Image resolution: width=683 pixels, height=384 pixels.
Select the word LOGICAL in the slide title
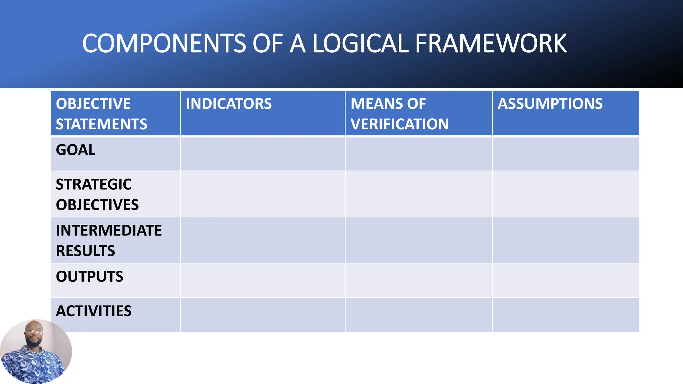click(360, 44)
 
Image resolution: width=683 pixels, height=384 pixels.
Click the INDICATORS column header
click(229, 104)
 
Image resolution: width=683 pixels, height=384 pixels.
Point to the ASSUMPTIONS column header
click(550, 104)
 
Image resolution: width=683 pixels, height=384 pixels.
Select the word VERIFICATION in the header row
click(399, 124)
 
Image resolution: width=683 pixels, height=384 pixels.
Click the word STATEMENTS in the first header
click(101, 124)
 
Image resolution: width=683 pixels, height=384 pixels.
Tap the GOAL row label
click(76, 150)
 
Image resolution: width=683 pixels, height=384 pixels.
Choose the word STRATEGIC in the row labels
click(94, 184)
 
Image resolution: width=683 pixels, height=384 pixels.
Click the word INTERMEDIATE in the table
click(109, 230)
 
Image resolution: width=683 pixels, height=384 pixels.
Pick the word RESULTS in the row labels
click(85, 251)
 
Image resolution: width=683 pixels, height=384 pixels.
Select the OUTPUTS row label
click(89, 276)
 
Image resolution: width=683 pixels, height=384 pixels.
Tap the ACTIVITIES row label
click(94, 311)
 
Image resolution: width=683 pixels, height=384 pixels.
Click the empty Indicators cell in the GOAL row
click(262, 154)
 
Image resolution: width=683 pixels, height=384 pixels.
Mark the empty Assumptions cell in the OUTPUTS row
click(566, 280)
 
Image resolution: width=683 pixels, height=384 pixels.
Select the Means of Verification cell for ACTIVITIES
click(418, 315)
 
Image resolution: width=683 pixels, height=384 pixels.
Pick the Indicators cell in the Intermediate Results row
click(262, 240)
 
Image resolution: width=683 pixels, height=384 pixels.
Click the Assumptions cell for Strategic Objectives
click(566, 194)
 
